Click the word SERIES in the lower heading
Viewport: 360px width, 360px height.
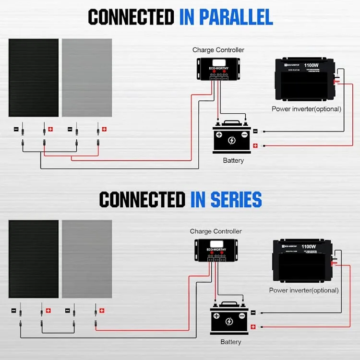click(x=226, y=199)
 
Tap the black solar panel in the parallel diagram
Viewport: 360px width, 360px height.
click(x=34, y=78)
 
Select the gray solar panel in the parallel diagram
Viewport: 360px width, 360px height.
click(x=87, y=78)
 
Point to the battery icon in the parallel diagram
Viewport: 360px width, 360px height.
click(x=232, y=138)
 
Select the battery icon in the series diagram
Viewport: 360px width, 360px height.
click(x=229, y=319)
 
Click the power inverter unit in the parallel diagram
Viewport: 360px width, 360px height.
click(x=305, y=80)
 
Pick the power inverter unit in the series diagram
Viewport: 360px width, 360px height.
click(x=301, y=262)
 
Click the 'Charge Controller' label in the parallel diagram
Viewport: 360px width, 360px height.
click(x=218, y=50)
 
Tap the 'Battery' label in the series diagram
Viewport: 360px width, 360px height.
click(x=231, y=342)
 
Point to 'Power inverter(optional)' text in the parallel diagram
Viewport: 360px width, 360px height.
click(x=306, y=109)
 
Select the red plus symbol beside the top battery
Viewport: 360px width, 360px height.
click(x=255, y=146)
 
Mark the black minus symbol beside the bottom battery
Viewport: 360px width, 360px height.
click(x=253, y=312)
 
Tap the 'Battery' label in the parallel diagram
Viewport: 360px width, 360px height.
click(x=233, y=160)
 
